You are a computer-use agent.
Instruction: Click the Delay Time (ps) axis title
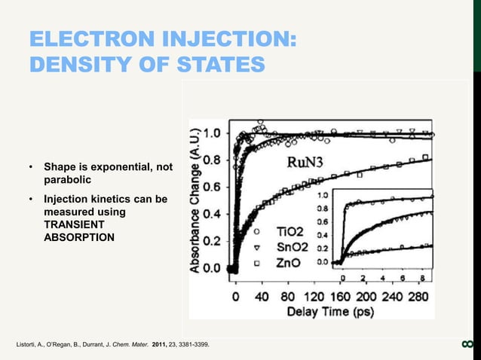tap(330, 312)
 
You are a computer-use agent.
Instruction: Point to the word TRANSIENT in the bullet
tap(73, 224)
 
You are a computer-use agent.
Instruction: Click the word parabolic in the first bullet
tap(68, 181)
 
